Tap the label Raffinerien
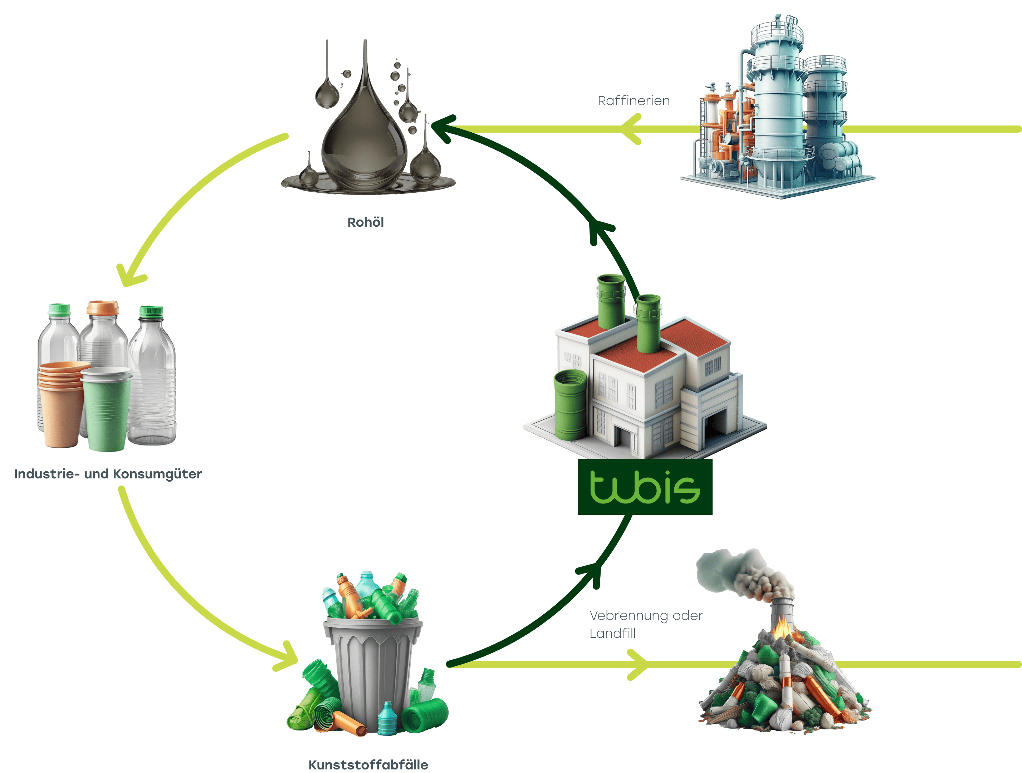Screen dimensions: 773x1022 (x=634, y=101)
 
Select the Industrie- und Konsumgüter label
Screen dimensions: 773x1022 (x=108, y=474)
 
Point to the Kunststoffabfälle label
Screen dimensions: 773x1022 (x=368, y=764)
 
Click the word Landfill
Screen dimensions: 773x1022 (x=613, y=633)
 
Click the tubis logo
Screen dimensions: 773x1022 (x=645, y=488)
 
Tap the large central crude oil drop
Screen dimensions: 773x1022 (x=364, y=138)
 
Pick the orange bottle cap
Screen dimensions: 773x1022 (x=103, y=307)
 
